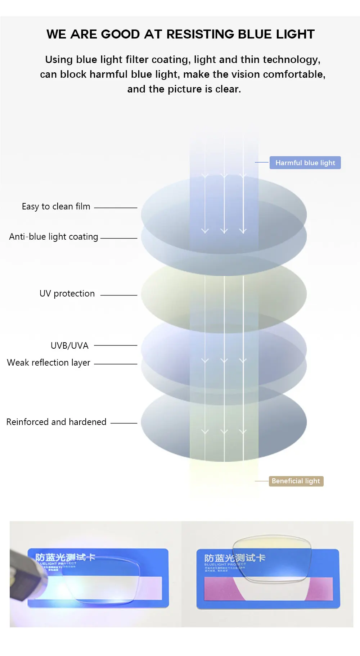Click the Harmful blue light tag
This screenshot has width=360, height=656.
305,163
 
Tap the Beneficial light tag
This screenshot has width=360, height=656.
296,481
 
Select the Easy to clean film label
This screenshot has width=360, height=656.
56,207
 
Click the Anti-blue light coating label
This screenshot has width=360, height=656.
54,237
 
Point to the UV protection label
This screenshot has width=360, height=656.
67,294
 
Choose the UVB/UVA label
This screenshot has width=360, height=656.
69,346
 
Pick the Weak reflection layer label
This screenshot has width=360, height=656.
49,363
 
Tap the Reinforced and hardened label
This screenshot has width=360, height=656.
56,422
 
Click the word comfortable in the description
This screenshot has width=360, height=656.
294,74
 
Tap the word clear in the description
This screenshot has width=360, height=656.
228,89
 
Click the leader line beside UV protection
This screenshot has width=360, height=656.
118,295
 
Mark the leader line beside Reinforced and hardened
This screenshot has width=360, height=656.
123,423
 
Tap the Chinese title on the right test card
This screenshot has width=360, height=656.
235,558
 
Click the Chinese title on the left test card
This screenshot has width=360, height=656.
65,557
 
